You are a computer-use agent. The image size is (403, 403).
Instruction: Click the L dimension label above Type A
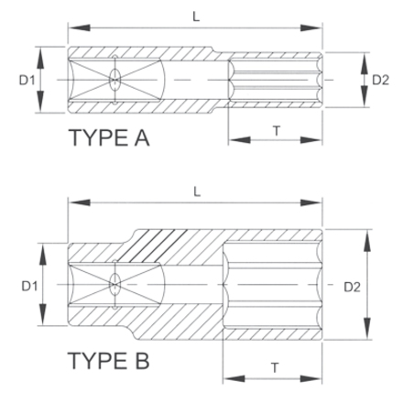[196, 16]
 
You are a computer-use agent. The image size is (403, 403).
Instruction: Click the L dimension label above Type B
[197, 191]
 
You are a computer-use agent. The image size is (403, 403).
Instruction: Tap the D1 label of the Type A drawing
[27, 81]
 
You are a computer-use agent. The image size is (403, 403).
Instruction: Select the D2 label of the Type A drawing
[380, 80]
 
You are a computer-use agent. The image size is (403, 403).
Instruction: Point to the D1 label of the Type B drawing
[29, 286]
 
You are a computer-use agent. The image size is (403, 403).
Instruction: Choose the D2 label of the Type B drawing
[352, 287]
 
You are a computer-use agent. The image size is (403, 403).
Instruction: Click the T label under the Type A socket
[277, 131]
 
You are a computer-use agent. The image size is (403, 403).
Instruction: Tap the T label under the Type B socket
[275, 368]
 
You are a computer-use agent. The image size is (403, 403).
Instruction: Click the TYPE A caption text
[110, 137]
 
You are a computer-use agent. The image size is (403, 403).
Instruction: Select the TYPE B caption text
[108, 361]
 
